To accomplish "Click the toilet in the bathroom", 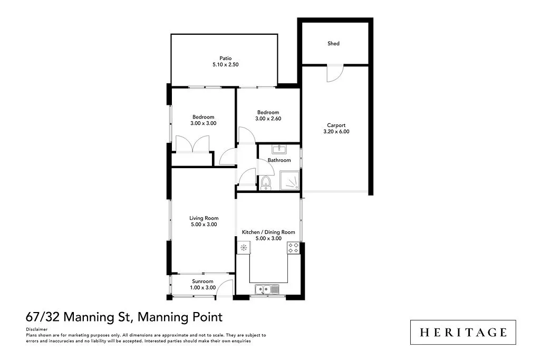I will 266,182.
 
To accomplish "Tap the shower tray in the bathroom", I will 290,180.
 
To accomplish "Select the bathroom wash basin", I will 278,149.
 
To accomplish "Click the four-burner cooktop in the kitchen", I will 293,247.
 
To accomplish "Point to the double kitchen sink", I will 267,288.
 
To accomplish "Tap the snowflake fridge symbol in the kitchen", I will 244,247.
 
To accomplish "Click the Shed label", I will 333,44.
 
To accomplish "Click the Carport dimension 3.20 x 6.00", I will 336,132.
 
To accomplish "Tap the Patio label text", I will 226,59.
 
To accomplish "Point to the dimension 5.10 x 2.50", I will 226,65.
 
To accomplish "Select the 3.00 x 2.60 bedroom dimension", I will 268,119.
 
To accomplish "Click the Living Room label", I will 204,218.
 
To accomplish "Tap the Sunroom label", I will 202,281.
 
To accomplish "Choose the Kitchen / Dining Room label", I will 268,232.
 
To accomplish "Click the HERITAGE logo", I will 463,332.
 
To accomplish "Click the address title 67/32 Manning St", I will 79,317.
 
